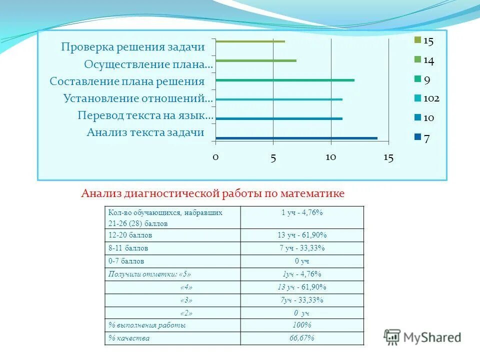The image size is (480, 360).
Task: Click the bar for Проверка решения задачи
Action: click(250, 41)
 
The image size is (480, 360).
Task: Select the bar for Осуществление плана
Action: click(255, 60)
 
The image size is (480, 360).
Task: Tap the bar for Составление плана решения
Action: click(284, 80)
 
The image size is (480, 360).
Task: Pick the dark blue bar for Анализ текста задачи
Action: click(296, 138)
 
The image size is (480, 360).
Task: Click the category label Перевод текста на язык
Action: click(145, 115)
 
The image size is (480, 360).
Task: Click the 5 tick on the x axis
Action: click(273, 157)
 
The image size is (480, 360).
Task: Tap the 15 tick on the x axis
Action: click(388, 157)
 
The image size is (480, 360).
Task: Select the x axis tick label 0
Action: click(215, 157)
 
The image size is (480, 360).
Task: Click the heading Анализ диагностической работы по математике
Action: click(213, 193)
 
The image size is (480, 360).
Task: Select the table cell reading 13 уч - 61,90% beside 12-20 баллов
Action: click(302, 235)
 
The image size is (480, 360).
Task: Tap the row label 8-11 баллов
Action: click(128, 248)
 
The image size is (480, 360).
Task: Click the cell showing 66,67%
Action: click(302, 338)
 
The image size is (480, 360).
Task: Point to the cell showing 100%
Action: click(302, 325)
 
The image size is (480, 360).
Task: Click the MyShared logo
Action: click(422, 336)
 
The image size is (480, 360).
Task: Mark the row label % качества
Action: click(129, 338)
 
